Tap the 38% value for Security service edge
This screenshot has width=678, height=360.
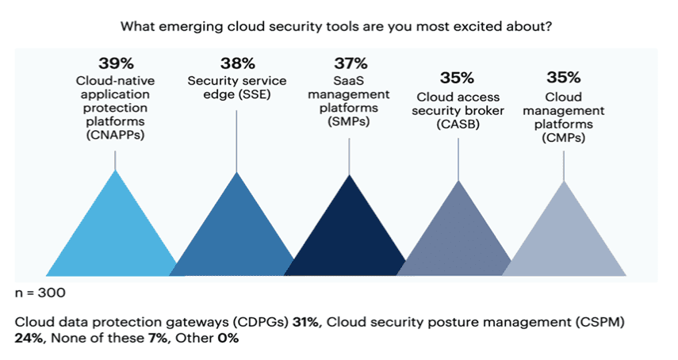tap(238, 63)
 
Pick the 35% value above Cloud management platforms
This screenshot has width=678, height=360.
tap(563, 78)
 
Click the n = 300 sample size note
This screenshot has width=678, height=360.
tap(40, 293)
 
